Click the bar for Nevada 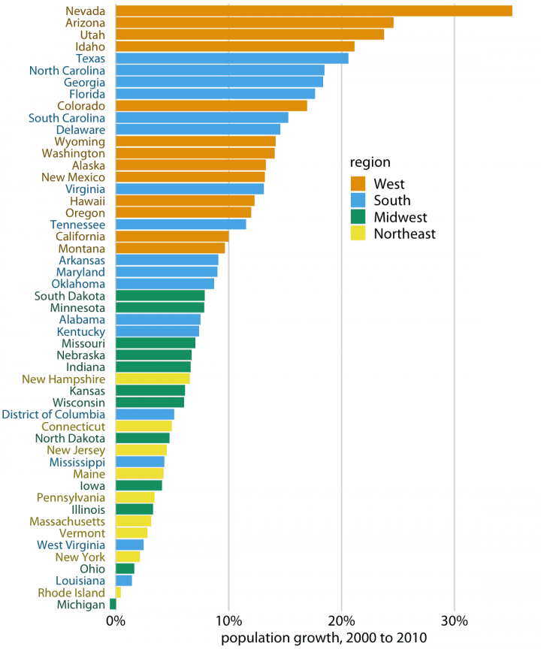coord(313,11)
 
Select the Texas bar coord(231,58)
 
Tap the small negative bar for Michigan coord(113,604)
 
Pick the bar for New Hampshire coord(153,379)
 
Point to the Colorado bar coord(211,105)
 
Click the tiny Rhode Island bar coord(118,592)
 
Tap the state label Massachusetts coord(68,521)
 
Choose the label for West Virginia coord(71,545)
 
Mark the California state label coord(80,236)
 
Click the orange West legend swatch coord(358,184)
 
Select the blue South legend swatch coord(358,201)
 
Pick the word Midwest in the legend coord(400,217)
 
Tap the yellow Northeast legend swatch coord(358,234)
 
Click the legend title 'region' coord(370,162)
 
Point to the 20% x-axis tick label coord(341,621)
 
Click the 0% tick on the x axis coord(115,621)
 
